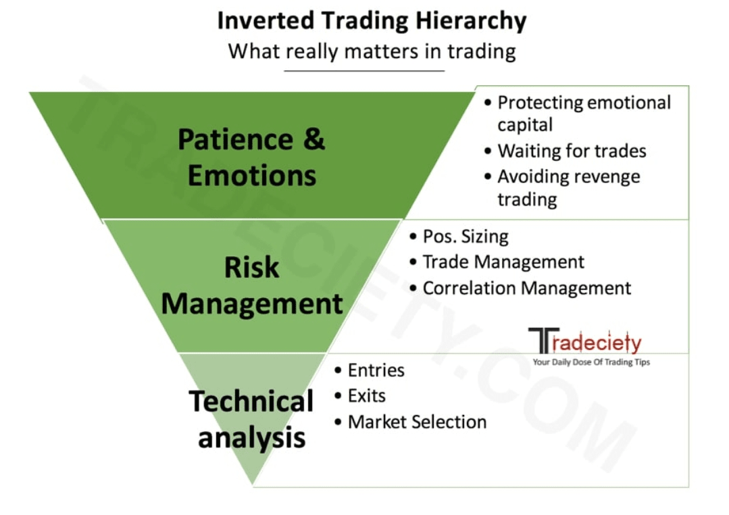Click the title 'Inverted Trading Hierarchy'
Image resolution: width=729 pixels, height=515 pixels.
[372, 21]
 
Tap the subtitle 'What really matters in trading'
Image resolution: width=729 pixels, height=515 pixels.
[372, 51]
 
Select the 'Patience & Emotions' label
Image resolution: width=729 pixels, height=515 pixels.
[251, 157]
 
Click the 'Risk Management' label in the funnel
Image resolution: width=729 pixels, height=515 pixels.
[251, 286]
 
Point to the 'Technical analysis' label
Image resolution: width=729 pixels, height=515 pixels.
[251, 419]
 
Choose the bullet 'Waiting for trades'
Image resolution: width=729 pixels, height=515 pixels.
[572, 151]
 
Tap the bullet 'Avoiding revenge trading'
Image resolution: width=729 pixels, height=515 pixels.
[568, 188]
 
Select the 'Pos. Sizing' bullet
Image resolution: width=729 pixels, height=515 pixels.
[465, 237]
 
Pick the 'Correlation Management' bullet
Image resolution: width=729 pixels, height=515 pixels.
[526, 289]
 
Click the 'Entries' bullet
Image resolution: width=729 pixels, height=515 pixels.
[376, 370]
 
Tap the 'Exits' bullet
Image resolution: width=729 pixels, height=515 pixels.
[366, 396]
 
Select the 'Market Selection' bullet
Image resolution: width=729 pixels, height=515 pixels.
[417, 422]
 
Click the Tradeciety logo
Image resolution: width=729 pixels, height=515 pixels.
[585, 341]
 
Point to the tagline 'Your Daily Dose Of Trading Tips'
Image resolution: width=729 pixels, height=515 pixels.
[591, 362]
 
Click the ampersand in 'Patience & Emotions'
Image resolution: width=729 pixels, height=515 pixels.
[313, 140]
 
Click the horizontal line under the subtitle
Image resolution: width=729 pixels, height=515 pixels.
[364, 70]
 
